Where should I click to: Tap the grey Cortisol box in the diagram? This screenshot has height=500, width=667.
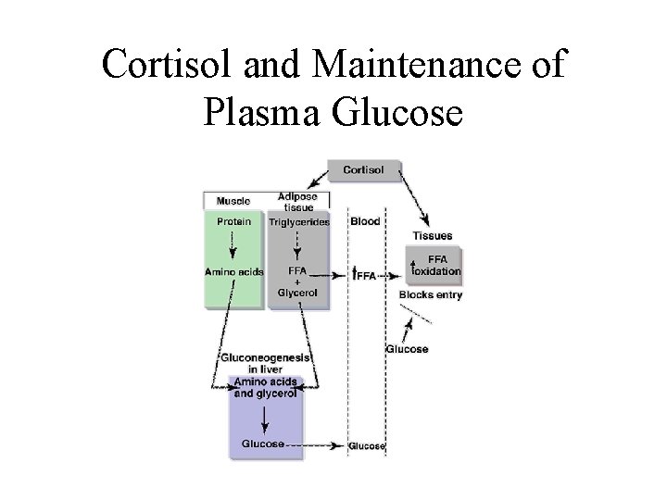pyautogui.click(x=365, y=170)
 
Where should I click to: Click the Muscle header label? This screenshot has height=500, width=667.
pyautogui.click(x=233, y=200)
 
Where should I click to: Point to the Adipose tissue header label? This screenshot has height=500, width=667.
pyautogui.click(x=297, y=202)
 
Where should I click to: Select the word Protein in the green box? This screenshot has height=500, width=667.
pyautogui.click(x=233, y=221)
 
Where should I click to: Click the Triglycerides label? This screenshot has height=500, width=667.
pyautogui.click(x=298, y=222)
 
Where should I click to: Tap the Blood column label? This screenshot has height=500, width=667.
pyautogui.click(x=365, y=221)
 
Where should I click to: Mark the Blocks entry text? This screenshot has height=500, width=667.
pyautogui.click(x=430, y=294)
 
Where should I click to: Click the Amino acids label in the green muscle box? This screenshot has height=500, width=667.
pyautogui.click(x=233, y=272)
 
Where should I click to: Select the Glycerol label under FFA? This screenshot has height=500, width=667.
pyautogui.click(x=297, y=293)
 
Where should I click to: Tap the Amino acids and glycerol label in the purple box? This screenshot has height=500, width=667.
pyautogui.click(x=265, y=387)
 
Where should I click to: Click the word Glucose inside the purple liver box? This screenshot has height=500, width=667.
pyautogui.click(x=263, y=444)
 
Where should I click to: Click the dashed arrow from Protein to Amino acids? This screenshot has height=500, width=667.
pyautogui.click(x=233, y=246)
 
